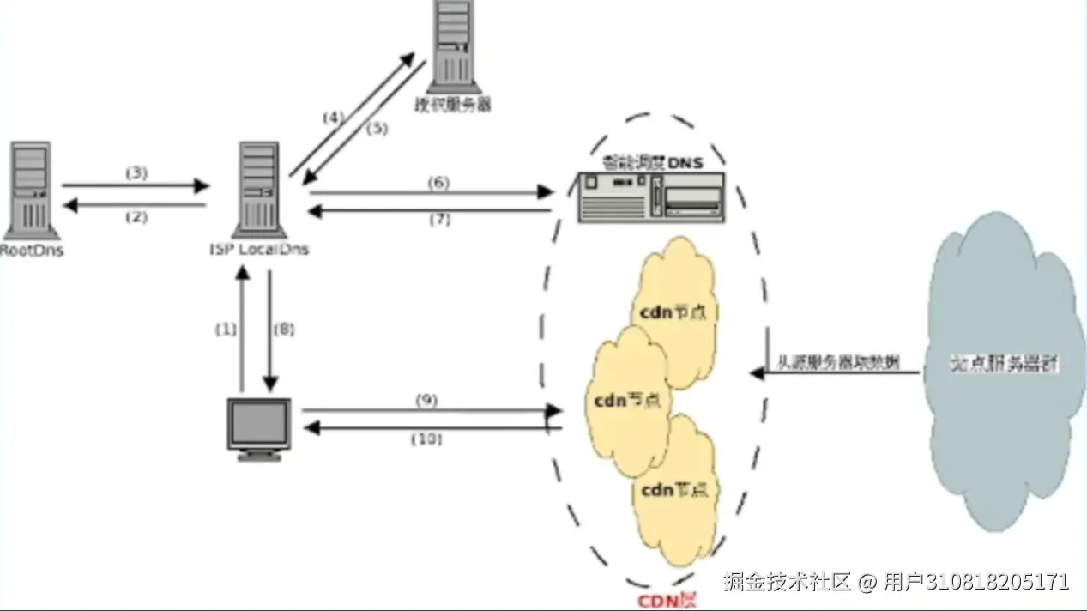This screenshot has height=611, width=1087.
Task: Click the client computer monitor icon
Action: [x=258, y=426]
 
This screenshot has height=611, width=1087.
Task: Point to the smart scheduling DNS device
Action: [x=650, y=197]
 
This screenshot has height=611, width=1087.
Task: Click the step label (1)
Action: [x=225, y=328]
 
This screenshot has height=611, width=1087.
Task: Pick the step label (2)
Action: [x=136, y=217]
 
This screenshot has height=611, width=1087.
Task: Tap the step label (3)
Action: [x=136, y=172]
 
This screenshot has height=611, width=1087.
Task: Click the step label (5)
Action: [x=377, y=129]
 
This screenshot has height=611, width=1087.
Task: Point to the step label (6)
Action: [x=438, y=182]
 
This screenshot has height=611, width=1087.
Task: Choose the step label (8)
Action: [x=283, y=328]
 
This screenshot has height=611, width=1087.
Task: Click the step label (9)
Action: [x=426, y=400]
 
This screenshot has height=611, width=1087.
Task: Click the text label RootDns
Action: [x=32, y=251]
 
